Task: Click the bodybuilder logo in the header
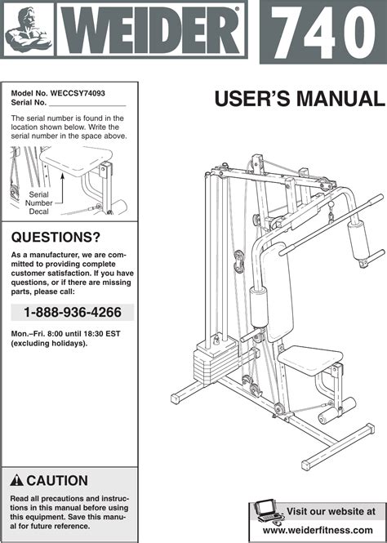point(29,29)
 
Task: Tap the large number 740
point(323,33)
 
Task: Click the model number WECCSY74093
point(78,93)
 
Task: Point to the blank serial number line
point(87,105)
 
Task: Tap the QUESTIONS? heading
point(56,238)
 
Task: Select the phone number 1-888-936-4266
point(73,313)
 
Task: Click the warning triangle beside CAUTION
point(16,481)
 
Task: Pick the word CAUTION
point(57,481)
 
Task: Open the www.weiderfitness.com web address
point(318,530)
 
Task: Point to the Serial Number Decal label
point(38,203)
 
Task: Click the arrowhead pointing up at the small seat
point(63,176)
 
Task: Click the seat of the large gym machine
point(309,359)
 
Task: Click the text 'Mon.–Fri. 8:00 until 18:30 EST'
point(65,334)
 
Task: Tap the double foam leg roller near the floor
point(337,411)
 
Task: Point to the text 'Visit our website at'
point(331,511)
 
